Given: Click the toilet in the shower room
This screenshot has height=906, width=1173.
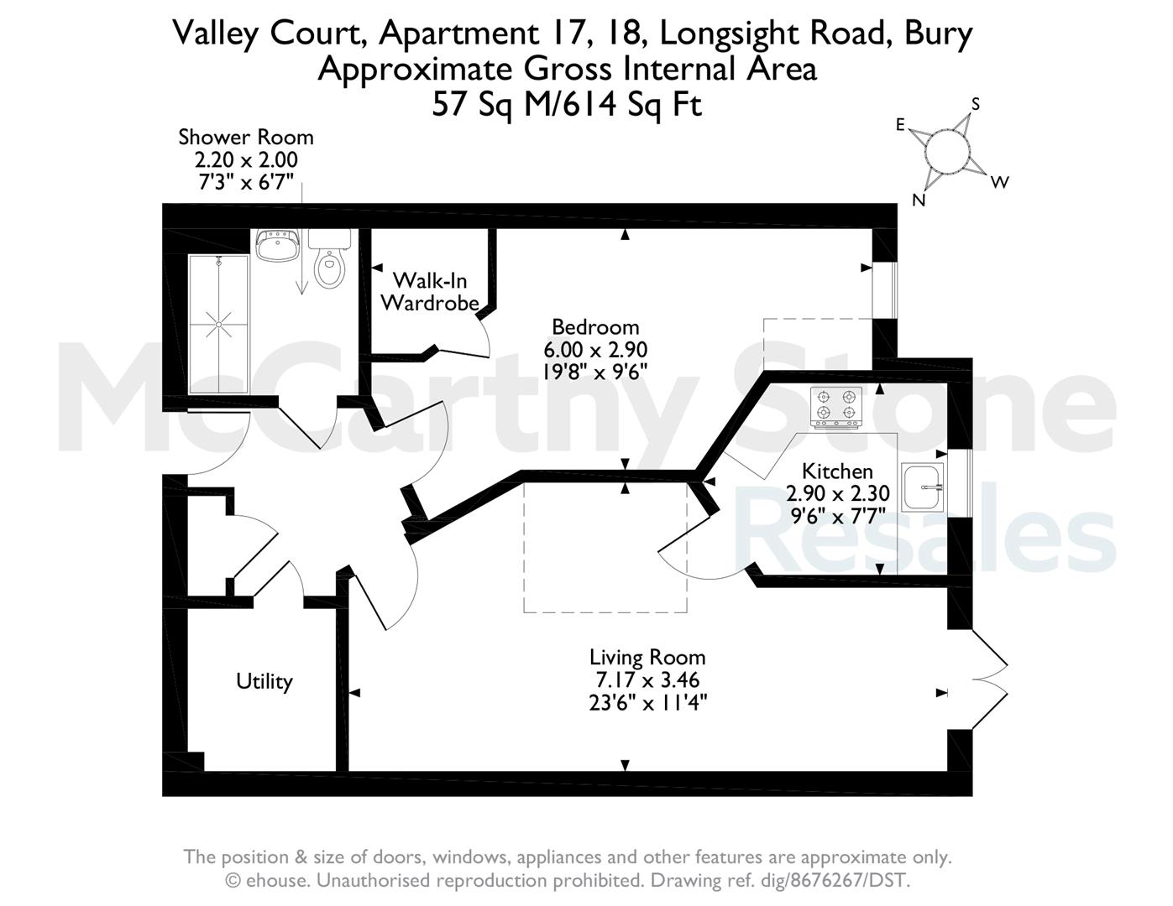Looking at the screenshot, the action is [x=329, y=259].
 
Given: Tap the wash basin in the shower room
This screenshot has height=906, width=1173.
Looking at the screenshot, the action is [x=277, y=245].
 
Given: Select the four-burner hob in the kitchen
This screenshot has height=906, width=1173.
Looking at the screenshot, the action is [x=835, y=408].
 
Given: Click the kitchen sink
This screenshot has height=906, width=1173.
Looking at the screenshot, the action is [x=923, y=487].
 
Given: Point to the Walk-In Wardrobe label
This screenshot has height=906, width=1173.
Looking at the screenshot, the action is [x=430, y=292].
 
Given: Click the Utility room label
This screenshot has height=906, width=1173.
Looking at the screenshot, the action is [x=264, y=682].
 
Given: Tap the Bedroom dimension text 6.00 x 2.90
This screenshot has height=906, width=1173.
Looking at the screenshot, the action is [x=595, y=350].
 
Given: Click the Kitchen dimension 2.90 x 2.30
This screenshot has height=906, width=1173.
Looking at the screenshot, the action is [x=838, y=493].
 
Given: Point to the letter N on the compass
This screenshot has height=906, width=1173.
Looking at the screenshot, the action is [x=919, y=200].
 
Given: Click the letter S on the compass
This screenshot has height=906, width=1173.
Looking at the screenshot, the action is [x=976, y=104].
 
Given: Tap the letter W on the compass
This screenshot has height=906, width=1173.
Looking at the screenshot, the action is [x=1000, y=182].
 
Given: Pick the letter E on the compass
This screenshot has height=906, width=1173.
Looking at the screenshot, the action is [x=900, y=125].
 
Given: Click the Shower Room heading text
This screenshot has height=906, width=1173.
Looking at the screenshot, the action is [x=246, y=138].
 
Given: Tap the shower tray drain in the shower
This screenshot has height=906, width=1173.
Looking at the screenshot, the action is [x=218, y=325].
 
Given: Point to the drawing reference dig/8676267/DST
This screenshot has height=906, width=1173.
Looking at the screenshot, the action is [x=779, y=881].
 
